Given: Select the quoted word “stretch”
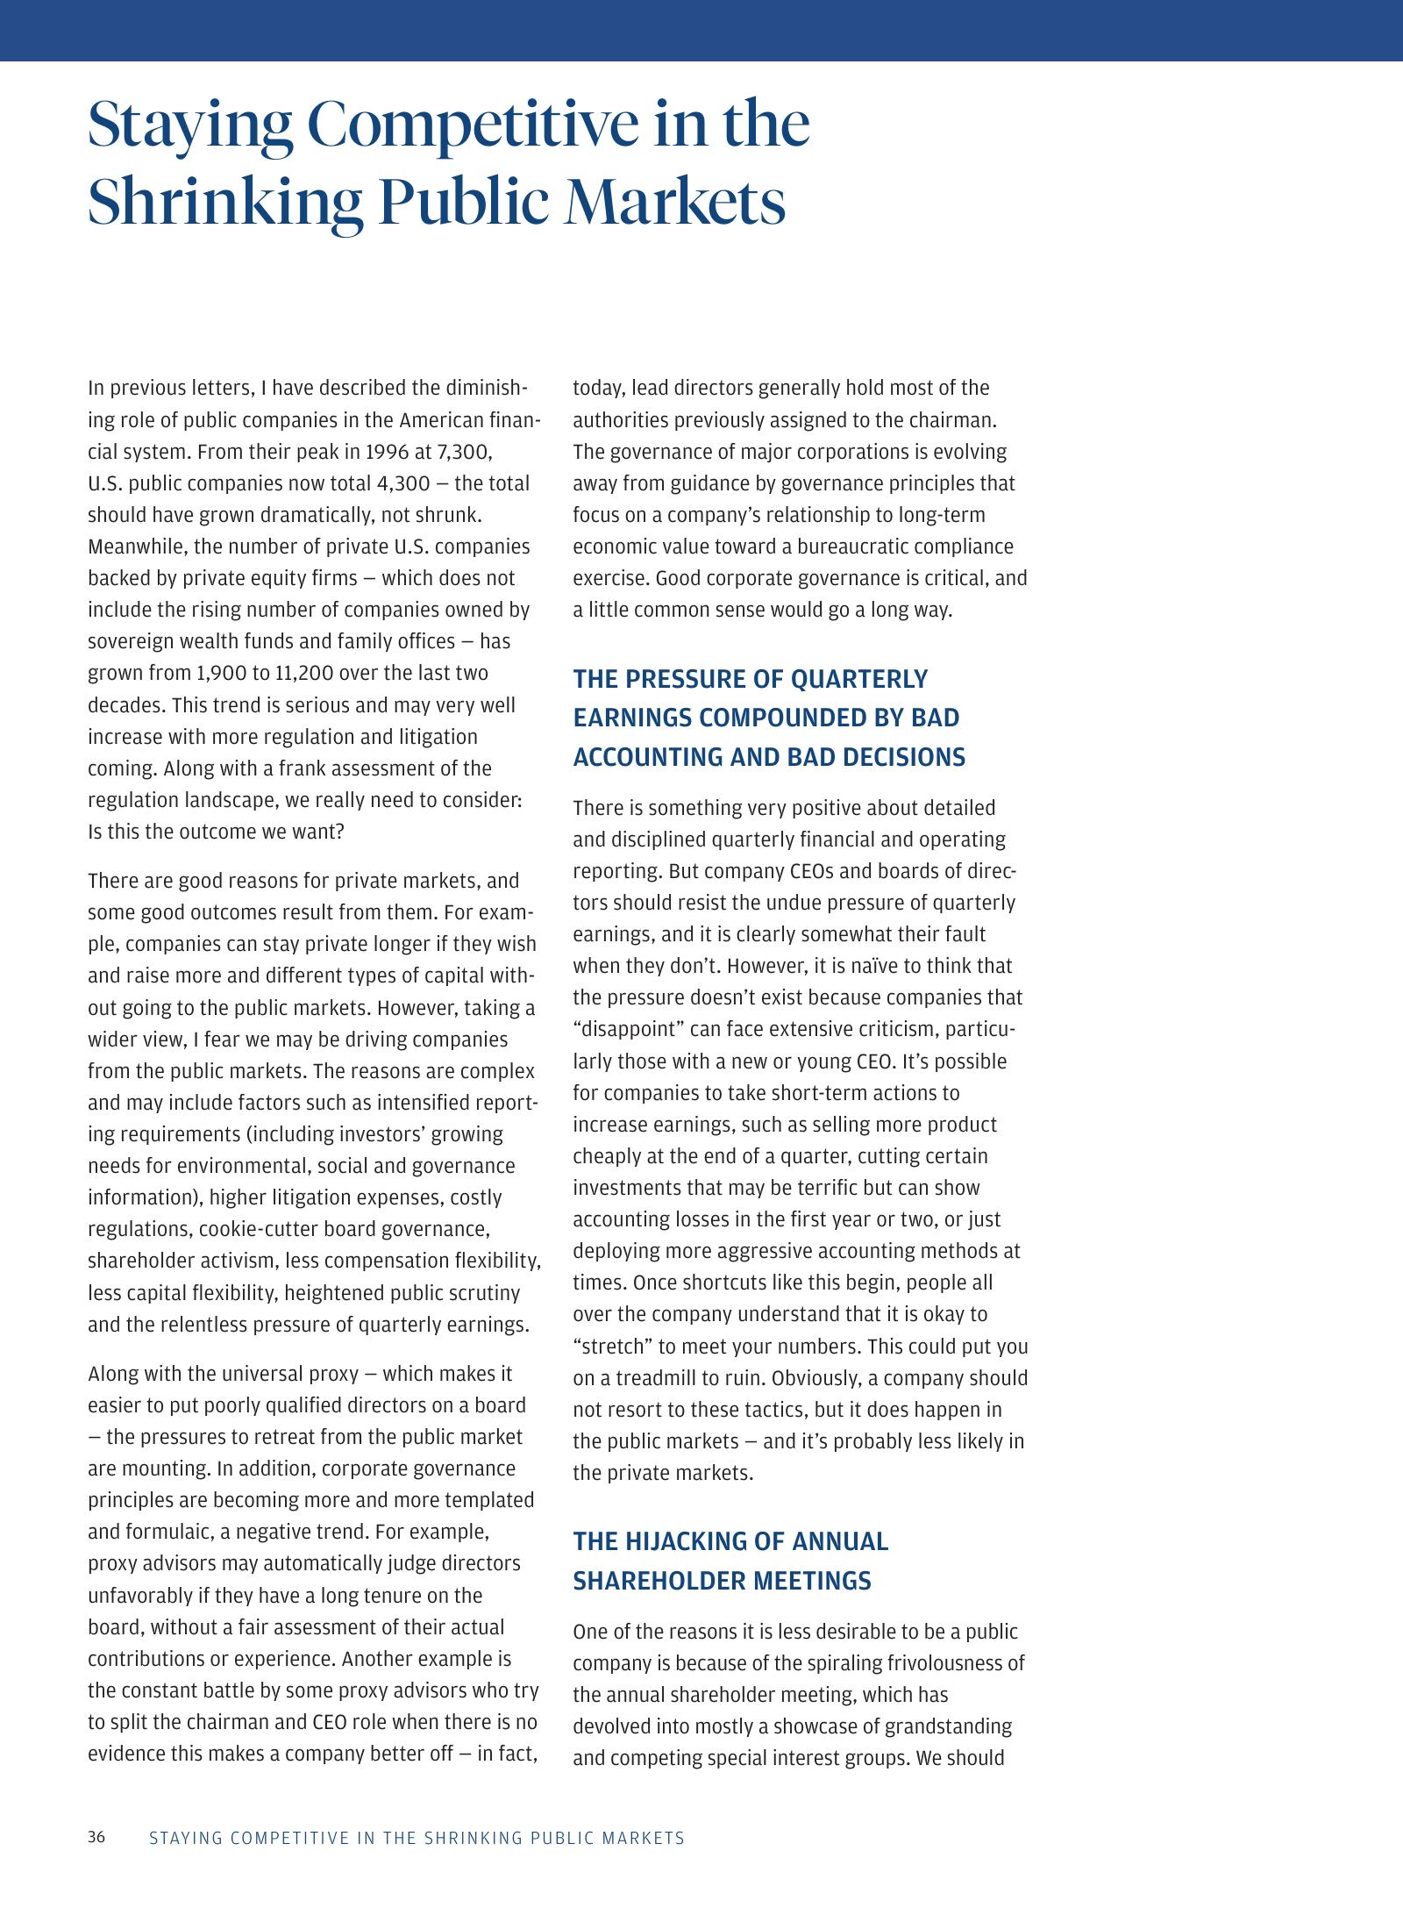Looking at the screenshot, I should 611,1347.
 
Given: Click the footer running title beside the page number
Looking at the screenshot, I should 417,1838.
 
